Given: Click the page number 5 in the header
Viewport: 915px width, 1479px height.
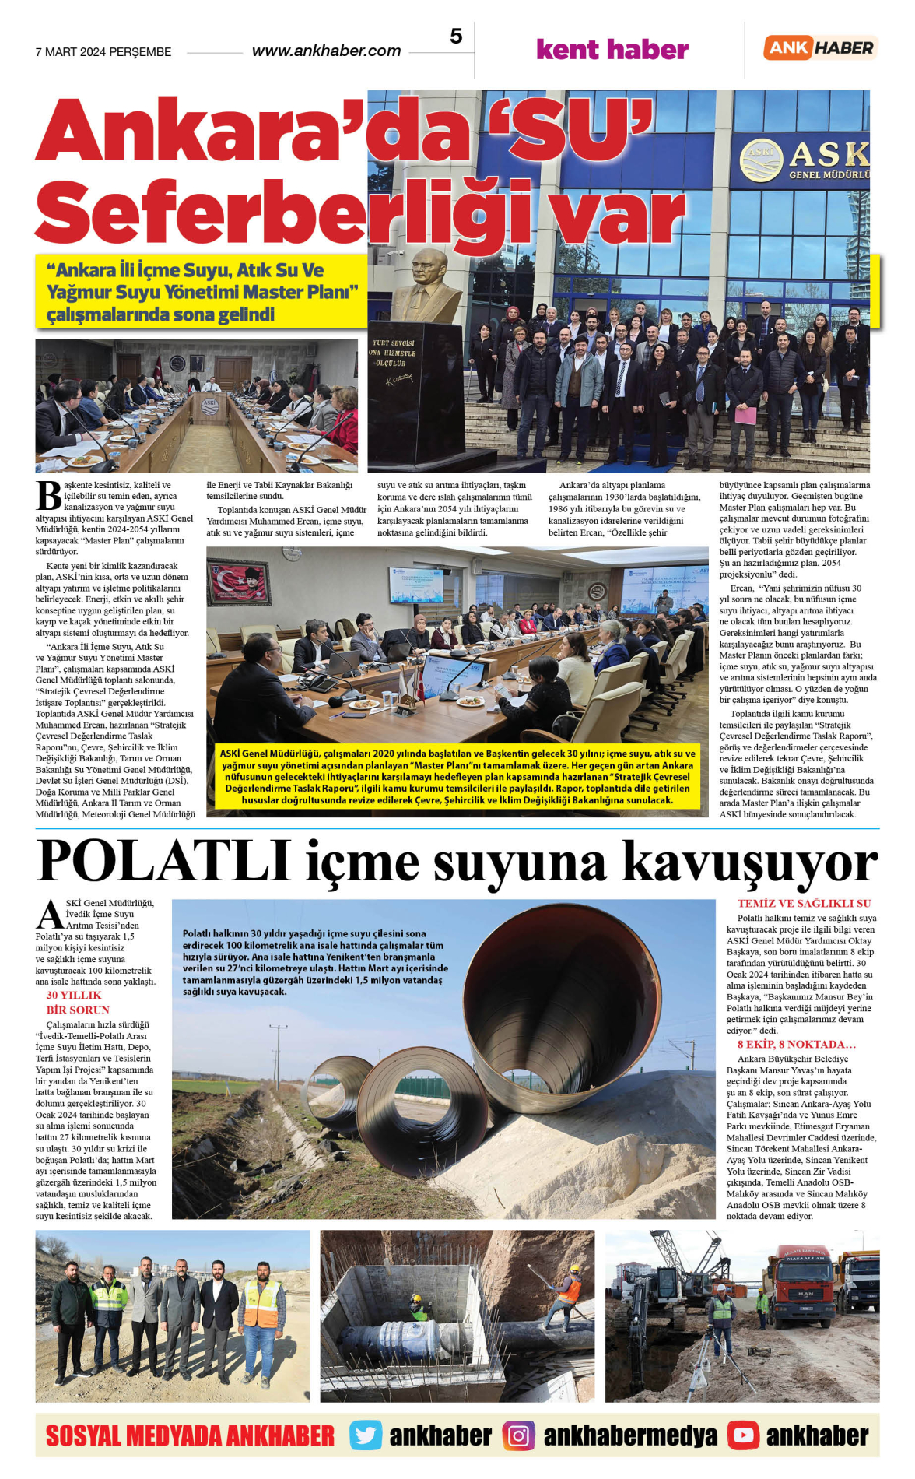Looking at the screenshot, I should [456, 37].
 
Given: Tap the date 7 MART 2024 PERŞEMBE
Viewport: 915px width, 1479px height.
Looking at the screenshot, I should [103, 52].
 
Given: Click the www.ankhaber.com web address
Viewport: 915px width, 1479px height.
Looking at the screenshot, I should [326, 51].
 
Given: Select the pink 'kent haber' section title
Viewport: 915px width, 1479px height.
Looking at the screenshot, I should [612, 50].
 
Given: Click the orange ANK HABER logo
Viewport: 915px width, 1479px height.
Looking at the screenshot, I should [820, 47].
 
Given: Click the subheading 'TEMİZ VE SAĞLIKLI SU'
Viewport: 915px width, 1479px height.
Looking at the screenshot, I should [804, 904].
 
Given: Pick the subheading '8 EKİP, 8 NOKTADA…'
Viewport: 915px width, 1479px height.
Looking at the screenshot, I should [796, 1045].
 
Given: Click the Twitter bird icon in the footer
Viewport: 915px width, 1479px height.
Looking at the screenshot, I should [366, 1435].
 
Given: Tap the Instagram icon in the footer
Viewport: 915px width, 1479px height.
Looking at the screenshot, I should [518, 1435].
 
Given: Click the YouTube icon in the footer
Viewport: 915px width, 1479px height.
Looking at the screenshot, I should [743, 1435].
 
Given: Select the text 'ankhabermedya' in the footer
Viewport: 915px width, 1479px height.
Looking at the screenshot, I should [630, 1435].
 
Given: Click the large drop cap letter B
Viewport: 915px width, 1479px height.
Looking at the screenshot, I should [48, 497].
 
